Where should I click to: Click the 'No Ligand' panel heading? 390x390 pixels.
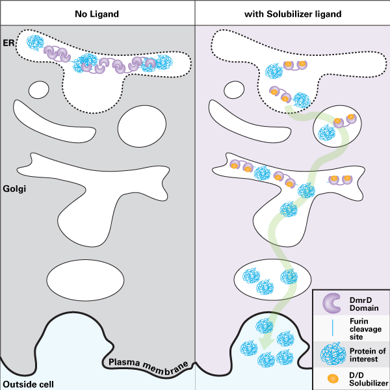(x=97, y=13)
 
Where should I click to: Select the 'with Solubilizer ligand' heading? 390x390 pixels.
(x=292, y=13)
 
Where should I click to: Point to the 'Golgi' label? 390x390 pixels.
(x=14, y=189)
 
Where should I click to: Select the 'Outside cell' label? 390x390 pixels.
(x=27, y=384)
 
